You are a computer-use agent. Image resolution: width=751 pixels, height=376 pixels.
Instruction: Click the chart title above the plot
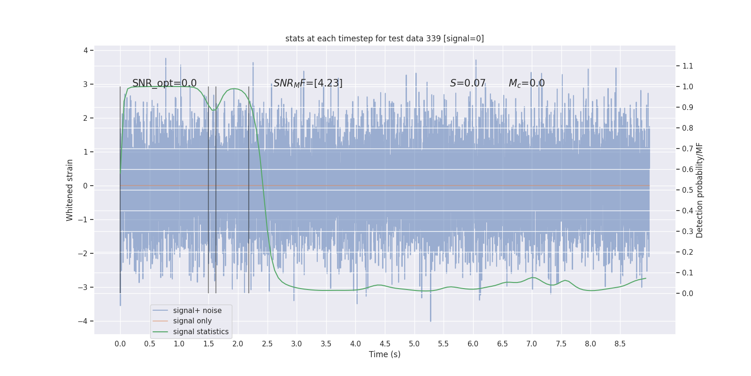point(384,39)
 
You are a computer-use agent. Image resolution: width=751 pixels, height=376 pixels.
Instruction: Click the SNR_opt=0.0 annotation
point(164,83)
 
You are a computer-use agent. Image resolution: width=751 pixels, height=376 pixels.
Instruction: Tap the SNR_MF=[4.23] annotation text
point(308,83)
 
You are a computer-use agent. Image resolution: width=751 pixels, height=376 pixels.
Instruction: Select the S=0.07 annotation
point(467,83)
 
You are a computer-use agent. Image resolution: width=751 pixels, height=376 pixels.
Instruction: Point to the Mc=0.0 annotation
point(527,83)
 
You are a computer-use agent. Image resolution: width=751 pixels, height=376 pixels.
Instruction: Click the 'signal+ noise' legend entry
point(197,311)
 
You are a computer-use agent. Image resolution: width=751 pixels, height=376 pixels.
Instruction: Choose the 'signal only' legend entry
point(192,321)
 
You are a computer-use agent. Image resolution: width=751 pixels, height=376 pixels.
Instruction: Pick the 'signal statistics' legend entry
point(200,332)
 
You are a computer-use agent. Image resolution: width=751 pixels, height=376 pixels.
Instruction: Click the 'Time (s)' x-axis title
point(384,354)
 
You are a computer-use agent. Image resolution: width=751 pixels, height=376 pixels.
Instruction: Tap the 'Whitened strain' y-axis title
point(70,190)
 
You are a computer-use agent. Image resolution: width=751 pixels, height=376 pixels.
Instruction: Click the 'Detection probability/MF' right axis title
point(700,190)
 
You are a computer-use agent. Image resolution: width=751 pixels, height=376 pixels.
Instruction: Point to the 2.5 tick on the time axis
point(267,344)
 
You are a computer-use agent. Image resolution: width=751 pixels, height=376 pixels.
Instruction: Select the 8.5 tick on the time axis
point(620,344)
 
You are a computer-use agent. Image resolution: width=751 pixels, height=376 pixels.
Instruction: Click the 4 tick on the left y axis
point(86,50)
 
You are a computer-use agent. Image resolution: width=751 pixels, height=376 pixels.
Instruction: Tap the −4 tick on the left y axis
point(83,321)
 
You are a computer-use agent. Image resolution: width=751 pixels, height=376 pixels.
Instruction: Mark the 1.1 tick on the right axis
point(688,66)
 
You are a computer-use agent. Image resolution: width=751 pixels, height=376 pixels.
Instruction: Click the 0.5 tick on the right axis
point(688,190)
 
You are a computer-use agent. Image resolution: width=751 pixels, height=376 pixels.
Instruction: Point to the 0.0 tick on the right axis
point(688,293)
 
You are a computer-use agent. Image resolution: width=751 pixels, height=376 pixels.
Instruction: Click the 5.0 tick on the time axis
point(414,344)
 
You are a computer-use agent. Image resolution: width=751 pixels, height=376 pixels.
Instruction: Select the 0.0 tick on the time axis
point(120,344)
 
